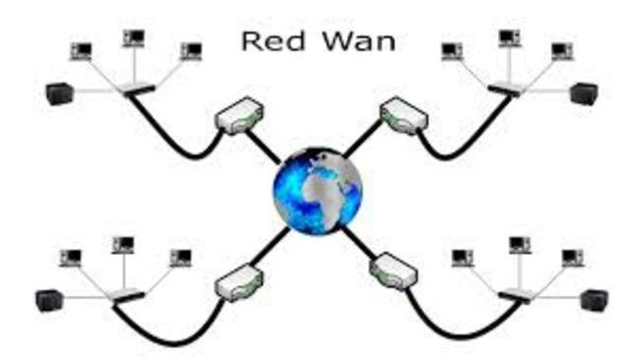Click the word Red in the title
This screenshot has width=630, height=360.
(266, 42)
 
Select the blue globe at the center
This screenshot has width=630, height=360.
(317, 189)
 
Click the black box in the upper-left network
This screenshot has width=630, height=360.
(60, 93)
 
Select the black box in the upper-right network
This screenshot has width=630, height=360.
(583, 93)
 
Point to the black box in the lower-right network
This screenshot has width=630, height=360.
(593, 299)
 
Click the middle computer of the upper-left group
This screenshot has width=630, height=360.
(134, 39)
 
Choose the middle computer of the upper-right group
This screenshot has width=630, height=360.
(508, 39)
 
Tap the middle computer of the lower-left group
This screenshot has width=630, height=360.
(123, 245)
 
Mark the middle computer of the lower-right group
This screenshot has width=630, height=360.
(518, 245)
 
